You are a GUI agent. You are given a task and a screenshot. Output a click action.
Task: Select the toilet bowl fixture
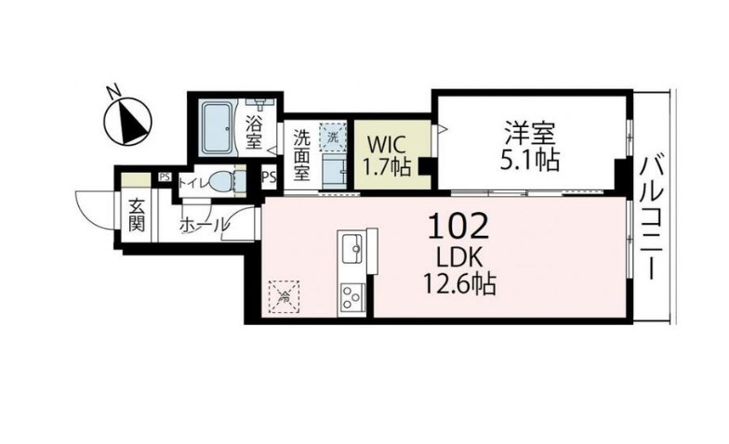click(219, 182)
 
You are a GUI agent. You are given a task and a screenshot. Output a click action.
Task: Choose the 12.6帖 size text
click(461, 282)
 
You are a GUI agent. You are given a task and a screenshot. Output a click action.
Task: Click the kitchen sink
click(354, 248)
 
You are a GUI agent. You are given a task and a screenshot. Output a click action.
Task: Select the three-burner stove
click(352, 297)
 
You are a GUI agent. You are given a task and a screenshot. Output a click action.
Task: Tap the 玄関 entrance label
click(136, 215)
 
